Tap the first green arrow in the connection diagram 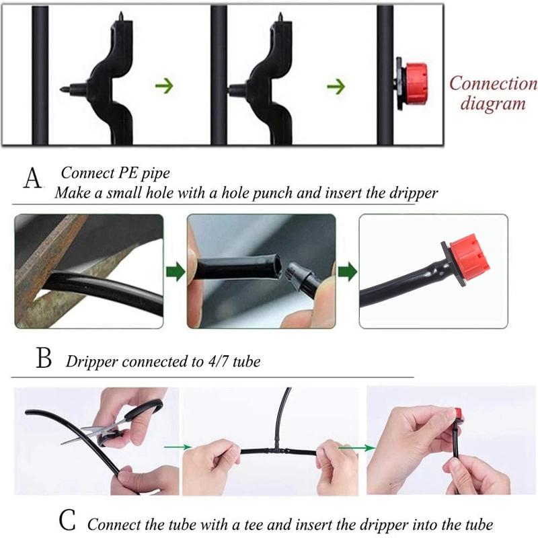tap(164, 86)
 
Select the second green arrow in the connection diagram tap(336, 86)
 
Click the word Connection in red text tap(494, 83)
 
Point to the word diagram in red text tap(493, 104)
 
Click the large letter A tap(32, 178)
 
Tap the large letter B tap(44, 358)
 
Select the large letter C tap(67, 521)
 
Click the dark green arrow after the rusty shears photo tap(176, 272)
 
